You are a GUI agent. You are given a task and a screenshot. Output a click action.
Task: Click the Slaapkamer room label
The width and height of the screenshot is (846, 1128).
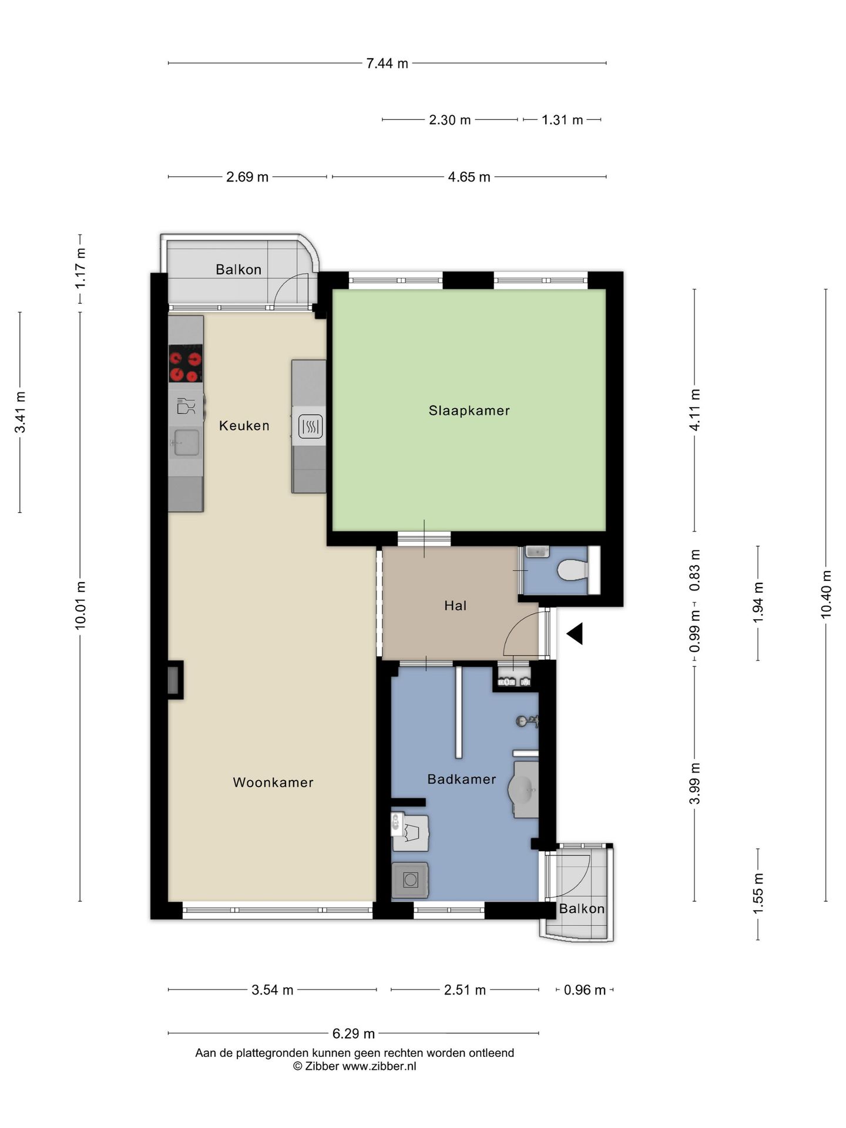click(469, 411)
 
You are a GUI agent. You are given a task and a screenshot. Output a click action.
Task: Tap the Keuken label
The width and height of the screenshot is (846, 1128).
click(244, 425)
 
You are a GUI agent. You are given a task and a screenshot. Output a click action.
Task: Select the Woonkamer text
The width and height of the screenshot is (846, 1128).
click(273, 782)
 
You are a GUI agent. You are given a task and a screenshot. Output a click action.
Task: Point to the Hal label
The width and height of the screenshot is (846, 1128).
click(455, 605)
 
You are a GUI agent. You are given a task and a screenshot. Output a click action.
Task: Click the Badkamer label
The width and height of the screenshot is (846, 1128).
click(462, 779)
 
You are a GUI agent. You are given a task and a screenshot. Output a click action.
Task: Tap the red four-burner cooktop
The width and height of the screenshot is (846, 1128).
click(186, 364)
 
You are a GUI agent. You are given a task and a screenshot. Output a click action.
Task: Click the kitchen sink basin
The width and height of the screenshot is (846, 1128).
click(185, 442)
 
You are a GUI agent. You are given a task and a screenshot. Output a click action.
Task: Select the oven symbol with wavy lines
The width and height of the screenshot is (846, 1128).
click(310, 427)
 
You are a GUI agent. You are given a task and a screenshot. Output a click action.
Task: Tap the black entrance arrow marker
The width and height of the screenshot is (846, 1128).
click(575, 633)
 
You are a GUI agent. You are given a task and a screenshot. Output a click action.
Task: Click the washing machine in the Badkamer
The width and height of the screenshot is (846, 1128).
click(410, 879)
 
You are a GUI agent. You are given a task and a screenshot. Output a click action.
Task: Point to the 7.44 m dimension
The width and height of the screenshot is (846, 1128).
click(387, 63)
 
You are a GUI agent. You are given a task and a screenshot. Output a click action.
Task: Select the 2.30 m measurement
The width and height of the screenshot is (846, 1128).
click(450, 120)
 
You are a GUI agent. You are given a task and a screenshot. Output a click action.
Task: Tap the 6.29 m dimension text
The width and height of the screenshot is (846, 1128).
click(354, 1033)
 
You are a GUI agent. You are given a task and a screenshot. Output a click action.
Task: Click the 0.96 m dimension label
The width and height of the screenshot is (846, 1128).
click(585, 990)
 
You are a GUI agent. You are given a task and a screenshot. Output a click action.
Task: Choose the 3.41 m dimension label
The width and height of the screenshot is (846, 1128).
click(20, 412)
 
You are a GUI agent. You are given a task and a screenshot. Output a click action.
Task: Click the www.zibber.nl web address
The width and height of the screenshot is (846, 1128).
click(379, 1066)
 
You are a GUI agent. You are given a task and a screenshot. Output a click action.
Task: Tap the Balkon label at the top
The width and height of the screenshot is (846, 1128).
click(239, 270)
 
